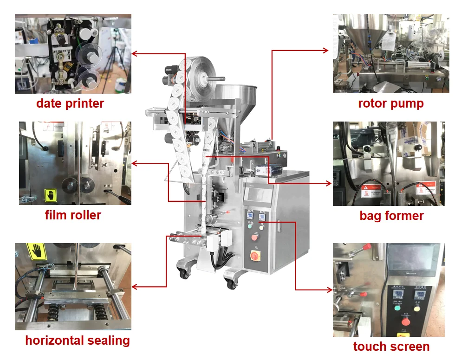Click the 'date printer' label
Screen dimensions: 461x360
[70, 103]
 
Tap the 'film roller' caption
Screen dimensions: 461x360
[73, 215]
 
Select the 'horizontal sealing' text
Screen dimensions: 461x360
[78, 341]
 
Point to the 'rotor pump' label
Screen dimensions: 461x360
[391, 103]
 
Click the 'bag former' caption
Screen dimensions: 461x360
[391, 216]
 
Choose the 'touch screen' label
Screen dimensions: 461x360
[391, 347]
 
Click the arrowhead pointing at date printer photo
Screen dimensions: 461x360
[135, 53]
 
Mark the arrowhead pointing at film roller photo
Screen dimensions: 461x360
[135, 163]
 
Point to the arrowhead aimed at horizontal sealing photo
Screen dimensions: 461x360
[135, 287]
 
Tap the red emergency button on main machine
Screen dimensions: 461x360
[254, 237]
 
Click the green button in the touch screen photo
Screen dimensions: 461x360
[397, 307]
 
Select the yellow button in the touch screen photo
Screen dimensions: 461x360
[416, 308]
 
